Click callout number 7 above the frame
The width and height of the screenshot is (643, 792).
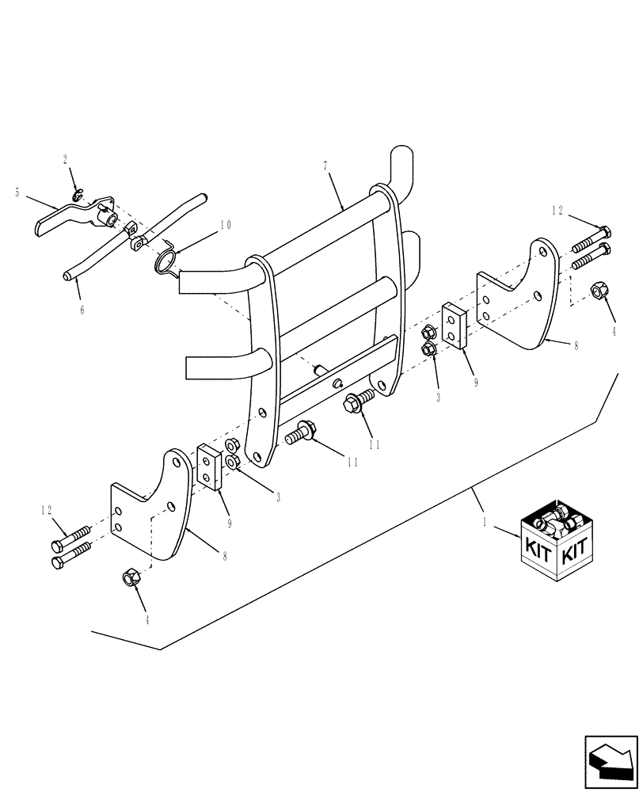tap(325, 167)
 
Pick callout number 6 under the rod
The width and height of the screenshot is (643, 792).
tap(81, 310)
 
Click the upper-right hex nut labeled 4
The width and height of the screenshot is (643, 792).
tap(599, 291)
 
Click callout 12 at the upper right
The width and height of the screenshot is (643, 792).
tap(557, 211)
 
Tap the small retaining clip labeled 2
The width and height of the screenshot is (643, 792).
tap(76, 195)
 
